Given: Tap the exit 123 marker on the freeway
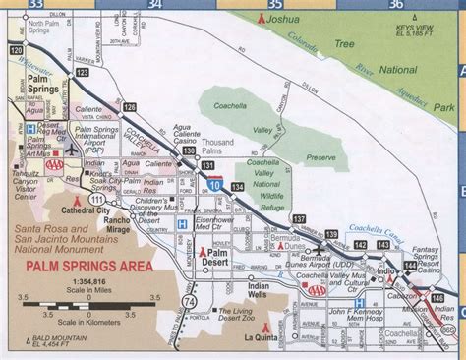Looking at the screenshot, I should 83,72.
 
